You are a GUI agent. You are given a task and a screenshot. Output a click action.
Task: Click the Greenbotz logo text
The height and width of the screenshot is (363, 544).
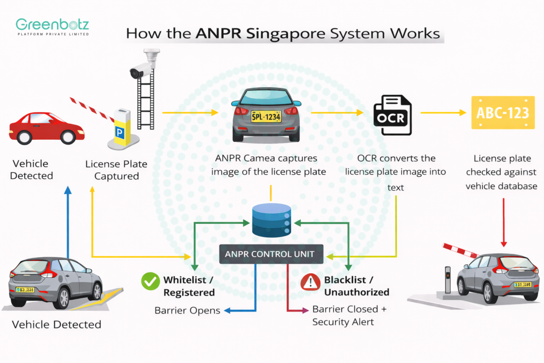click(52, 24)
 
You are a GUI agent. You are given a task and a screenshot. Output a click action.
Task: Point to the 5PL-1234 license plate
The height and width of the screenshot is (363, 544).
click(266, 116)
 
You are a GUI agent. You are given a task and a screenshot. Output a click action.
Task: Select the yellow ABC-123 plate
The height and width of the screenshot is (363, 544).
click(503, 113)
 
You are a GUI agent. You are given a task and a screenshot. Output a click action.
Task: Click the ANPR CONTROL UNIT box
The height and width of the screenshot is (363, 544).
click(271, 254)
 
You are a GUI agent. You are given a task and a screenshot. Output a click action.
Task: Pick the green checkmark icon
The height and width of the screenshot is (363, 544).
click(150, 282)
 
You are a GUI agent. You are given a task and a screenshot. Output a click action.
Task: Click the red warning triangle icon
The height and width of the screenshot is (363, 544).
click(310, 282)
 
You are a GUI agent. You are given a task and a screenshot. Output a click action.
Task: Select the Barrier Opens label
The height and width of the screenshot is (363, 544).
click(187, 310)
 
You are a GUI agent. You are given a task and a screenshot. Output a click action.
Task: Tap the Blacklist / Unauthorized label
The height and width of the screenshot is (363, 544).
click(356, 286)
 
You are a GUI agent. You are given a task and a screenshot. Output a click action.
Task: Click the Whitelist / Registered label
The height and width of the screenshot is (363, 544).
click(189, 286)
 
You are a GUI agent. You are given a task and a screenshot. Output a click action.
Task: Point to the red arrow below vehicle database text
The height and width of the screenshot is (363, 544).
click(503, 223)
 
